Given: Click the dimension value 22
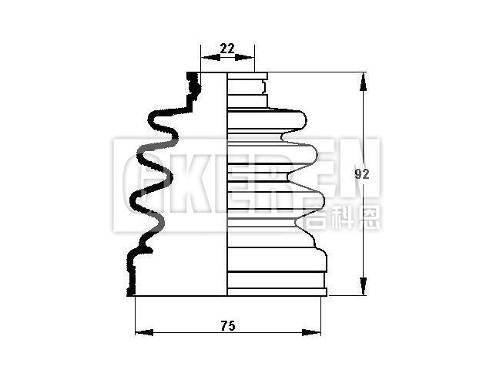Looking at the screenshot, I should pyautogui.click(x=227, y=48).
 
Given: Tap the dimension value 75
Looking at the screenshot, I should pyautogui.click(x=227, y=326).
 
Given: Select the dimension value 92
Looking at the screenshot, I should pyautogui.click(x=362, y=174).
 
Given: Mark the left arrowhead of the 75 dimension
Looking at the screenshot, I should pyautogui.click(x=139, y=332).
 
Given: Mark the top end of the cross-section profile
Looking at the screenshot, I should pyautogui.click(x=192, y=75).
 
